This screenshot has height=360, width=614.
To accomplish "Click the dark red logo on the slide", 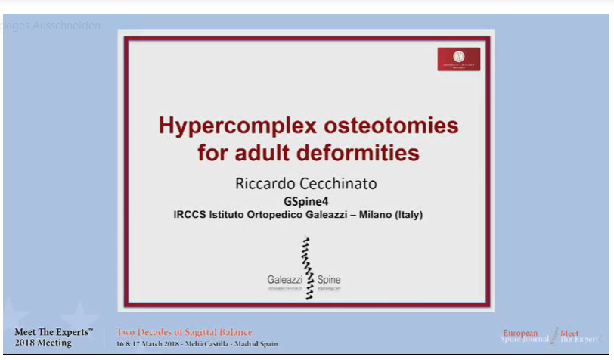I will point(458,59).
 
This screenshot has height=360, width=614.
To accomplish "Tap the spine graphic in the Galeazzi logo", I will point(307,269).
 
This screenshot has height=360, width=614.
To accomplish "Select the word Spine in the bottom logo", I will point(329,279).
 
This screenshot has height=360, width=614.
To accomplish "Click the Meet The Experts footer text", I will point(53,332).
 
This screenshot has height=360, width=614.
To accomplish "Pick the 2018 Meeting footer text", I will point(43,343).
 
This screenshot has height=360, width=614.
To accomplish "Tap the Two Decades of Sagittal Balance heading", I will point(185,332).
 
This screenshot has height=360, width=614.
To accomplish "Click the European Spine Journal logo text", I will point(522,336).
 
